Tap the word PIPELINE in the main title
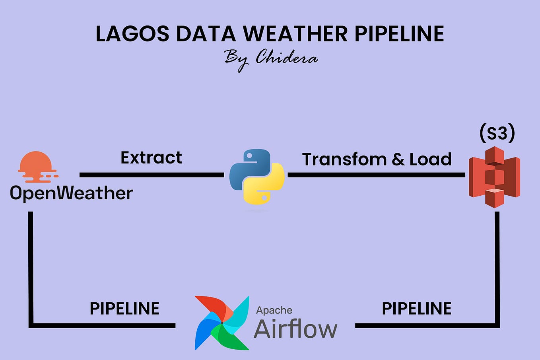pos(399,34)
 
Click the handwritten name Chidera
pos(286,58)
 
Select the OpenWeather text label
pos(71,193)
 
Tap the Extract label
pos(151,158)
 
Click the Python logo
pos(256,177)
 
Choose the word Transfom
pos(344,160)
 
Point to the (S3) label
pos(497,133)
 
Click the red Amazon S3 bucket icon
pos(494,177)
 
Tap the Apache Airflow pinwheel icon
pos(221,323)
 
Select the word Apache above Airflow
pos(274,310)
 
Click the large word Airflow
pos(295,329)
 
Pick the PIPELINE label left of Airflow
pos(124,309)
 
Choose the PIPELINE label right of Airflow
pos(416,309)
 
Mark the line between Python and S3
pos(376,175)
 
